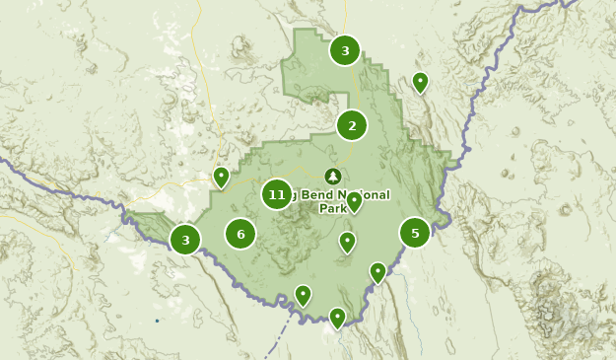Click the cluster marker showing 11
(x=277, y=194)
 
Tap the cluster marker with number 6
(x=240, y=234)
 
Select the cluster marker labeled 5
(x=415, y=233)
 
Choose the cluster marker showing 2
(x=352, y=125)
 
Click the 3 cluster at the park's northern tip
(x=344, y=50)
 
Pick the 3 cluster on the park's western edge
(x=184, y=239)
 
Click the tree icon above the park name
(x=332, y=176)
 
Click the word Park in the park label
(x=332, y=208)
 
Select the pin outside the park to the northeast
(x=420, y=81)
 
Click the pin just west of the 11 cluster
(x=221, y=177)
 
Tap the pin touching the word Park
(x=354, y=201)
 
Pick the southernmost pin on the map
(x=337, y=317)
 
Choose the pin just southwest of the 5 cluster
(x=377, y=271)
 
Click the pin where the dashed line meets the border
(x=303, y=294)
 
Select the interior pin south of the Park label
(x=347, y=241)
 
